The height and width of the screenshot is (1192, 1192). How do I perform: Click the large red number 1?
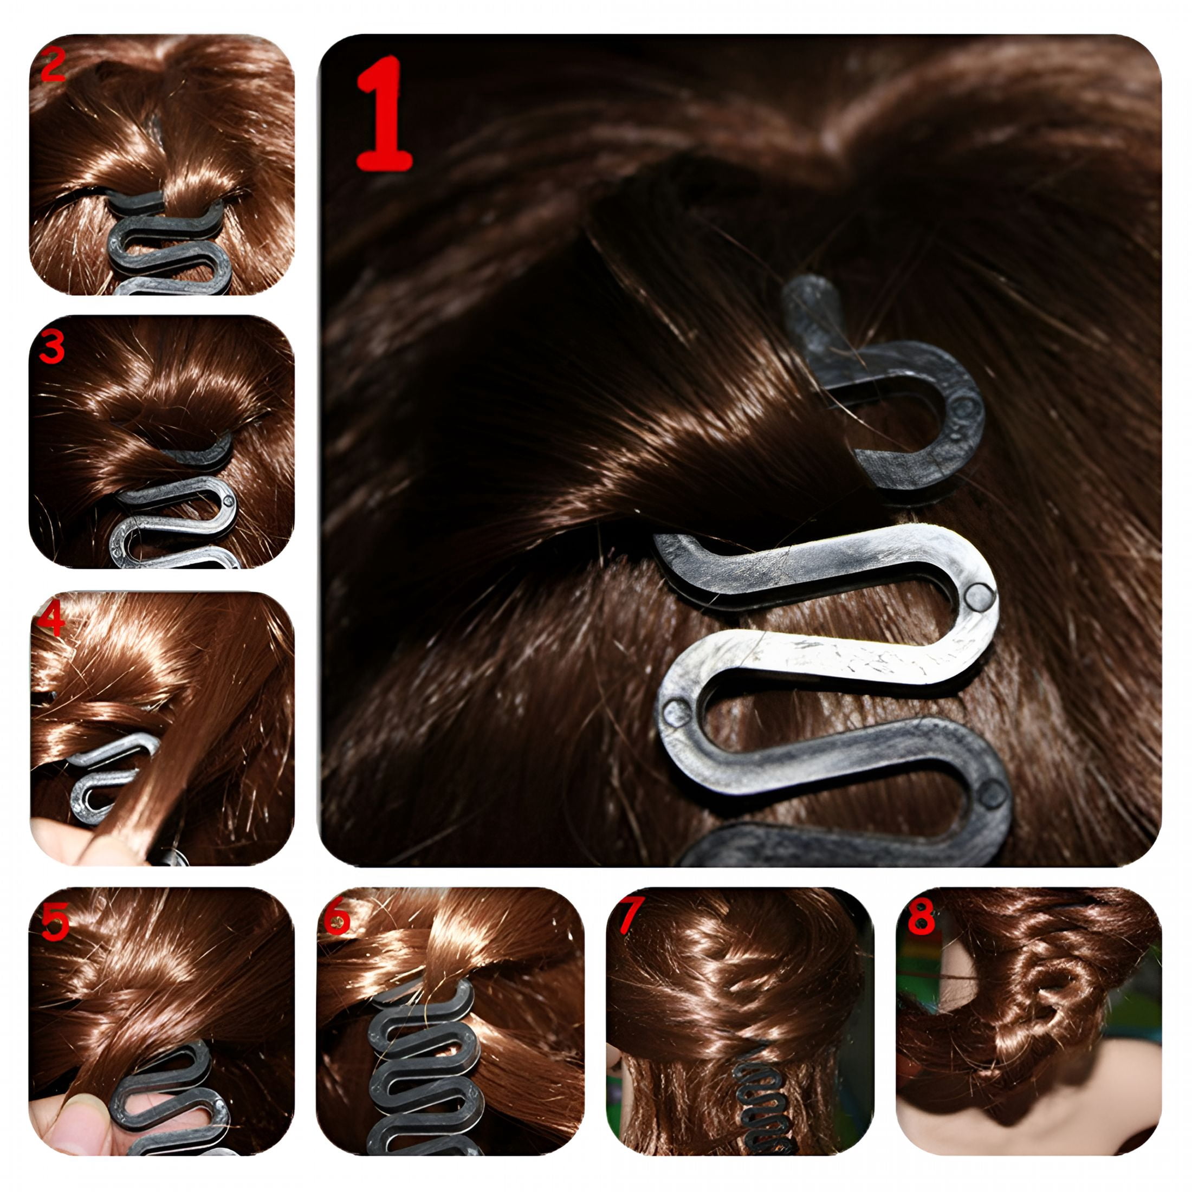click(x=383, y=113)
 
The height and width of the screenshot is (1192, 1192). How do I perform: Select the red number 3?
click(x=52, y=347)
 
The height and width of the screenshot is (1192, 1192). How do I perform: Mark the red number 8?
click(x=921, y=916)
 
